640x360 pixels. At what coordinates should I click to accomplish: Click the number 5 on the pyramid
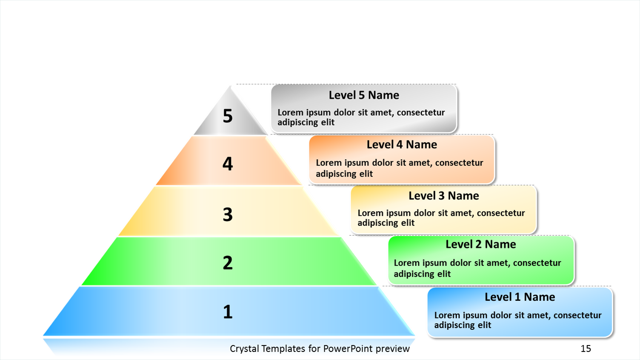pos(228,116)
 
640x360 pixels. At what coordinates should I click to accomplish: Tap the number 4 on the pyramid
pos(228,164)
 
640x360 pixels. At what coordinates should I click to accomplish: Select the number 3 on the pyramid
pos(228,214)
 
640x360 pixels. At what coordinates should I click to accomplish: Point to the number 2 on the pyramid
pos(228,263)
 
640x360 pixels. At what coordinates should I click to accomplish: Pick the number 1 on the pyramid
pos(228,312)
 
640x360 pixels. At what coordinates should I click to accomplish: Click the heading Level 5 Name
pos(364,95)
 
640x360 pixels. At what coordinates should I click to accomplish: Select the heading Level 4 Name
pos(402,145)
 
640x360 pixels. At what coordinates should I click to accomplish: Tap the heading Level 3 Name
pos(444,196)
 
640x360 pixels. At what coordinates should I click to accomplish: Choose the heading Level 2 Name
pos(481,244)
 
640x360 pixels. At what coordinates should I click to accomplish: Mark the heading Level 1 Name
pos(520,297)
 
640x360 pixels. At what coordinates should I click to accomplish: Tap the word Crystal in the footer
pos(244,349)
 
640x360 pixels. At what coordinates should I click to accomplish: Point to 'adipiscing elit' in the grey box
pos(306,123)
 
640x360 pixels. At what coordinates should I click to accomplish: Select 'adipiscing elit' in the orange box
pos(344,174)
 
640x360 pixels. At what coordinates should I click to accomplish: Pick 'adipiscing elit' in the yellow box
pos(386,223)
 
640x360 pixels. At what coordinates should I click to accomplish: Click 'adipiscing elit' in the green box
pos(422,274)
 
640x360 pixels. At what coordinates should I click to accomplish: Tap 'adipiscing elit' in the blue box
pos(463,325)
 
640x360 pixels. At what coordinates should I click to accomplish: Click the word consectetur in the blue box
pos(577,315)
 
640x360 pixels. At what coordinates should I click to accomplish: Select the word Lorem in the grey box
pos(291,112)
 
